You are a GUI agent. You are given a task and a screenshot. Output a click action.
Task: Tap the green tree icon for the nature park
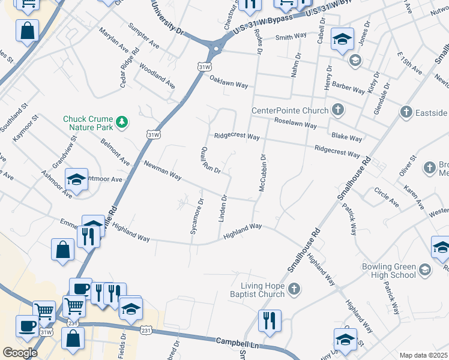point(122,122)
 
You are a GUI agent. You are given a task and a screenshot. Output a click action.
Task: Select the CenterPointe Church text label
point(290,110)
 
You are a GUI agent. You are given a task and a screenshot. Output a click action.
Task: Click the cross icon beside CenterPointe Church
point(338,110)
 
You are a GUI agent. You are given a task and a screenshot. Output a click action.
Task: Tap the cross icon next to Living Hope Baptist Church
point(294,290)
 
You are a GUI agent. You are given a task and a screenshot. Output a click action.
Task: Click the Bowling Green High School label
point(388,271)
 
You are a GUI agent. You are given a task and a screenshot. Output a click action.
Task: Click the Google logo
point(20,352)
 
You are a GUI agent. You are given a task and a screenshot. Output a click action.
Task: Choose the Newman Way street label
point(162,170)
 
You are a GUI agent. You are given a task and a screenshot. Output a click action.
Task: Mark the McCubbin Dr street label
point(262,173)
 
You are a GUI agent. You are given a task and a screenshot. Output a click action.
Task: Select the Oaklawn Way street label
point(229,85)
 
